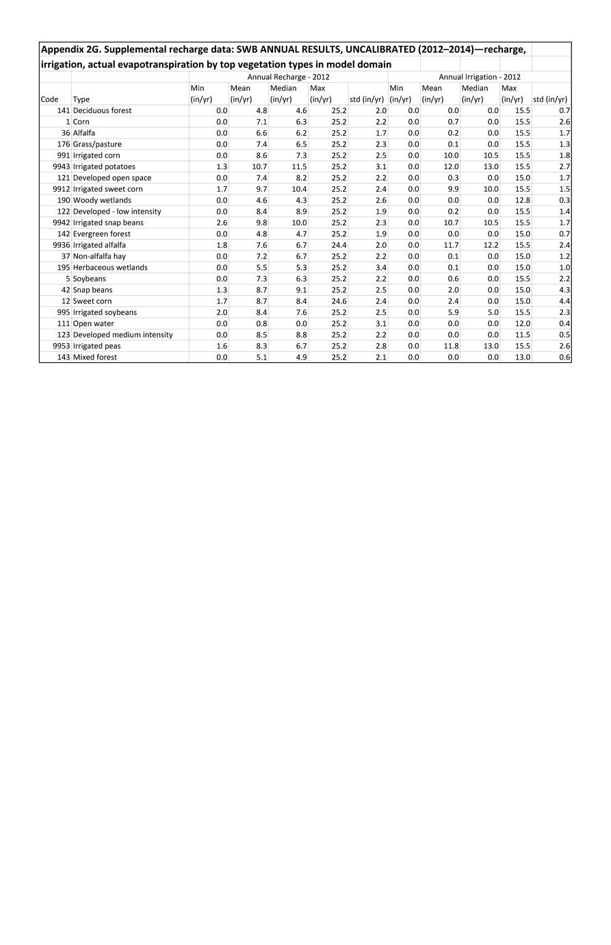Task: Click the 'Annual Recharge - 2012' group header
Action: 288,77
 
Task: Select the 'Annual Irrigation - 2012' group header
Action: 479,77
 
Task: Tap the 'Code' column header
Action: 49,99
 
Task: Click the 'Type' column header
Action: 81,99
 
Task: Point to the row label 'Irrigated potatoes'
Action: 104,166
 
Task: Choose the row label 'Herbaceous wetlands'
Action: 110,267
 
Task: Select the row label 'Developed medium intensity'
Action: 122,335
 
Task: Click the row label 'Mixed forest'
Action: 95,357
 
